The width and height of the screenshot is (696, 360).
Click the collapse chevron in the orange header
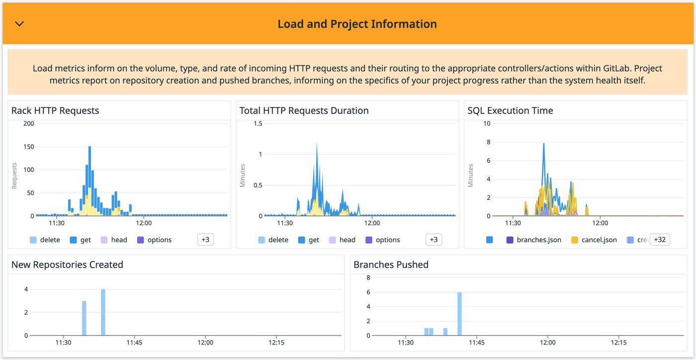19,24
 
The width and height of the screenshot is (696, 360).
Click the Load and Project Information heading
357,24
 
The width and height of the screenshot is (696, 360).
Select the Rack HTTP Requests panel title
55,110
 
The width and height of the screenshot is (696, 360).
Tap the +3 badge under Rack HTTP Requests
205,240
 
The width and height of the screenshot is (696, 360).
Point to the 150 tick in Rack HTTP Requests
28,147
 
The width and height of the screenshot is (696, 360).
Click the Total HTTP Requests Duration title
304,110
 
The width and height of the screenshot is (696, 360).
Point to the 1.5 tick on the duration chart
258,123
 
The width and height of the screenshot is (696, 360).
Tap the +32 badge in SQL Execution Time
660,240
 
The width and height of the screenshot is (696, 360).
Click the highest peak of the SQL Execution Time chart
544,144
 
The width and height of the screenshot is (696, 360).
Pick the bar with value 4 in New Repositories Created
103,312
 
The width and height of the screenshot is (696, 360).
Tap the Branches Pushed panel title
391,265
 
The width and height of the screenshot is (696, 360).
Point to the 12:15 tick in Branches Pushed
618,343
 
